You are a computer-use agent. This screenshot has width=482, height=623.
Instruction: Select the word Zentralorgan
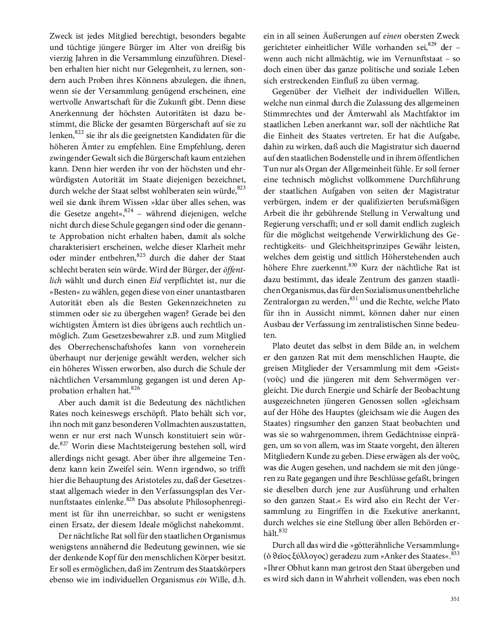tap(286, 300)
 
